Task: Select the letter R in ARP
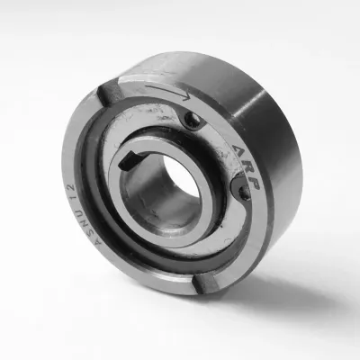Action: point(246,168)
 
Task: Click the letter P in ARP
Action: point(253,184)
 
